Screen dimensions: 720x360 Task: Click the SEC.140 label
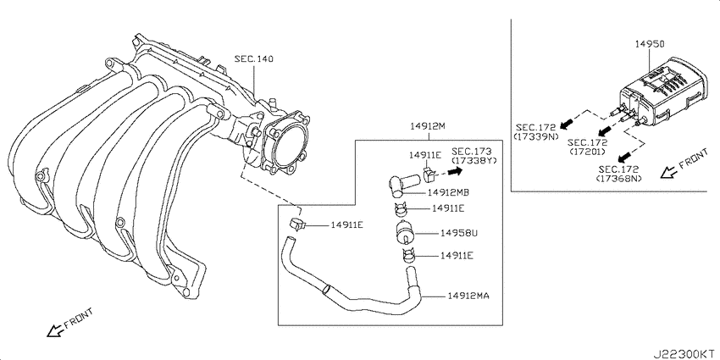253,59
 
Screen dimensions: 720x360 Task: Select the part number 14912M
429,126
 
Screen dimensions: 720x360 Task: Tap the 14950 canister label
650,44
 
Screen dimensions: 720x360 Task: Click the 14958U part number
459,233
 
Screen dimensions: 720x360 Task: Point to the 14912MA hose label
468,296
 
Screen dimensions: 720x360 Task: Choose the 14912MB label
448,192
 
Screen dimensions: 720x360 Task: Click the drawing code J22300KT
685,353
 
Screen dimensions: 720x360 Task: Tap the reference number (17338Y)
474,160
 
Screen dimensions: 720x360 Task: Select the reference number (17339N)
536,136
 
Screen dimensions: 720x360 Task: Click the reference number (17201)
587,151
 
